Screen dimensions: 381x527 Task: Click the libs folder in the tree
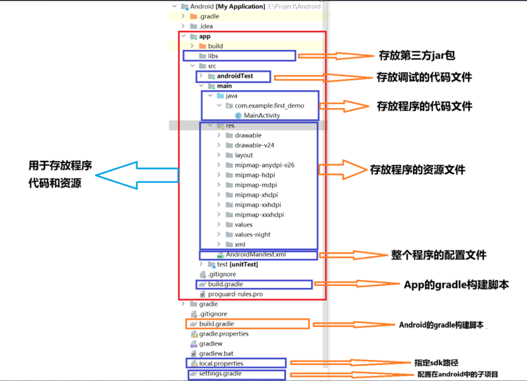click(213, 56)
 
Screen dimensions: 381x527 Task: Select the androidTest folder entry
click(235, 76)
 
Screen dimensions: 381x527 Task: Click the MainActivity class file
click(262, 116)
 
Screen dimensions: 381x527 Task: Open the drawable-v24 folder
click(254, 145)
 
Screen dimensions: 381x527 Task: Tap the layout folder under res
click(244, 155)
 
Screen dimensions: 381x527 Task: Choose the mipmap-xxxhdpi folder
click(259, 215)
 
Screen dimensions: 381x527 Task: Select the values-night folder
click(252, 235)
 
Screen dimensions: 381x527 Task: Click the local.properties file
click(221, 364)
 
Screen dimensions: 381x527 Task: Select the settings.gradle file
click(220, 374)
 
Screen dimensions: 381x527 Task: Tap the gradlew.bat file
click(216, 354)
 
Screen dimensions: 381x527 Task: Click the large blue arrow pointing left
click(137, 175)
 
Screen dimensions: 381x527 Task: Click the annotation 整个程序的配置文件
click(438, 255)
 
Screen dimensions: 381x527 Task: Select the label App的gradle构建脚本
click(456, 285)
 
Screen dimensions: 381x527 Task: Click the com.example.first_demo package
click(269, 106)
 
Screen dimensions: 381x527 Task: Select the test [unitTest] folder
click(237, 264)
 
